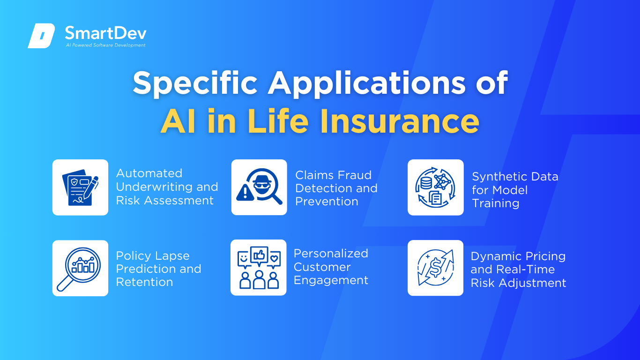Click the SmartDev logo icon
[x=41, y=36]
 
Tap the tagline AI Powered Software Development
[x=105, y=45]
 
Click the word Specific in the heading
[x=195, y=83]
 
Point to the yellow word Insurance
[x=400, y=121]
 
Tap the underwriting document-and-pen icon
[x=80, y=187]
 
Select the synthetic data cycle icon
[x=435, y=187]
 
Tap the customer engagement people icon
[x=259, y=267]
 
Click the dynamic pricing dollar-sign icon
[x=435, y=268]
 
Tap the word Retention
[x=144, y=282]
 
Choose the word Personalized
[x=331, y=253]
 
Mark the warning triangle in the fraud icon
[x=245, y=193]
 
